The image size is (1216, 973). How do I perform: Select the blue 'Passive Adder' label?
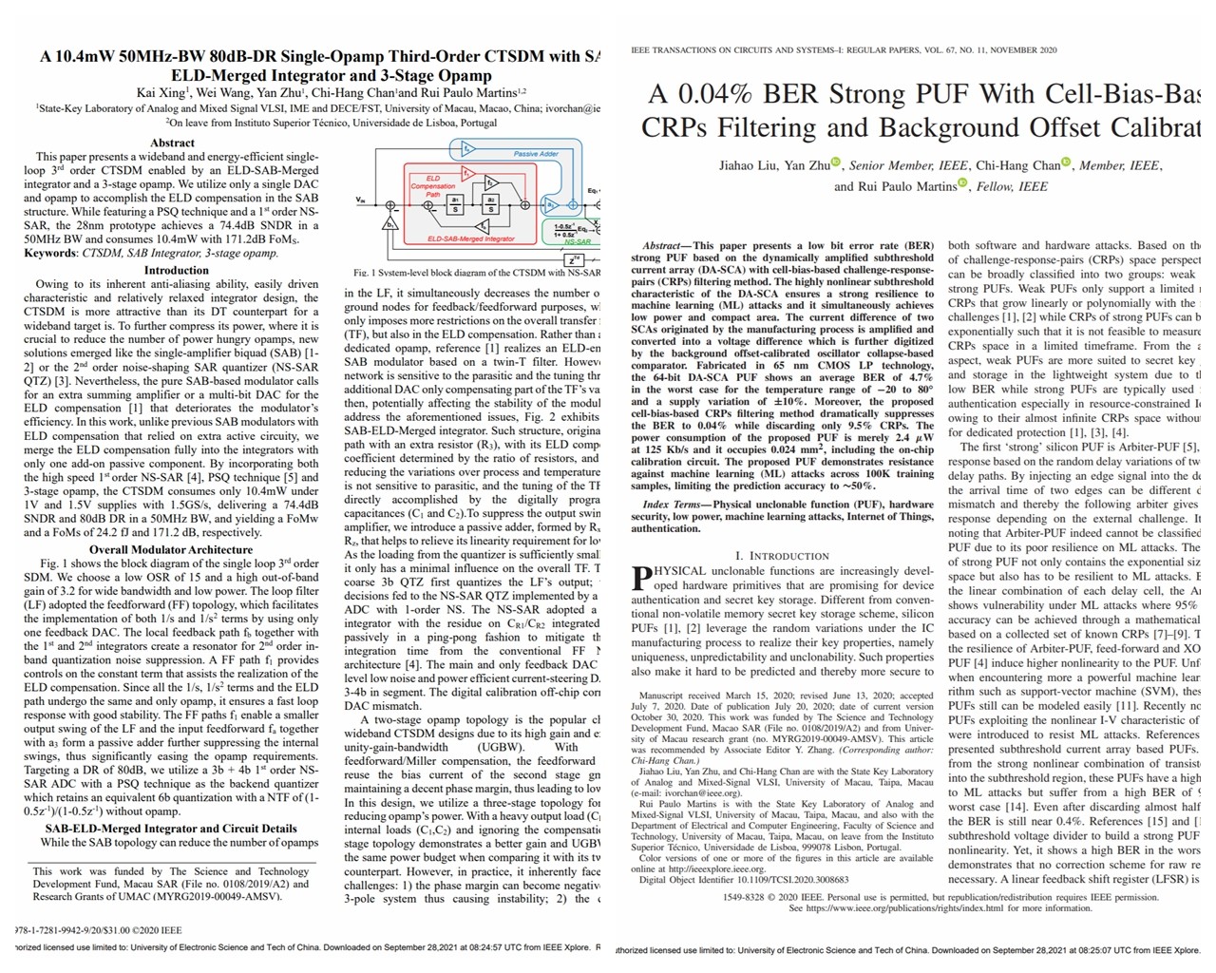pos(536,154)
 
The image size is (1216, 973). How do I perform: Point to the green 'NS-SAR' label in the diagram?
pos(576,241)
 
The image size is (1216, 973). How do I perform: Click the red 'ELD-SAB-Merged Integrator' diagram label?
pos(471,238)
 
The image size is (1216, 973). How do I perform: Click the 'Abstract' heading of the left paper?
pos(172,143)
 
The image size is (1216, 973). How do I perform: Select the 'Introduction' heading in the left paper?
pos(176,270)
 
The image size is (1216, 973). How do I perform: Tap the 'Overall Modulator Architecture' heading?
pos(171,549)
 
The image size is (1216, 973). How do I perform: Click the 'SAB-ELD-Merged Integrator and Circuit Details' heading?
pos(171,829)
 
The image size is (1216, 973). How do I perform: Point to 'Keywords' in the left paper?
pos(49,253)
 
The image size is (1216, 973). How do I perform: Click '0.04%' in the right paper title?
pos(700,94)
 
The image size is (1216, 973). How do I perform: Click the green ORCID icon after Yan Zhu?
pos(836,162)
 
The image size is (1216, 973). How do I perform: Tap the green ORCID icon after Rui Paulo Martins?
pos(962,183)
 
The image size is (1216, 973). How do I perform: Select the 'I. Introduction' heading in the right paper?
pos(782,556)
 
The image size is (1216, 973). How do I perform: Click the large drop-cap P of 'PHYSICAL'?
pos(641,578)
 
